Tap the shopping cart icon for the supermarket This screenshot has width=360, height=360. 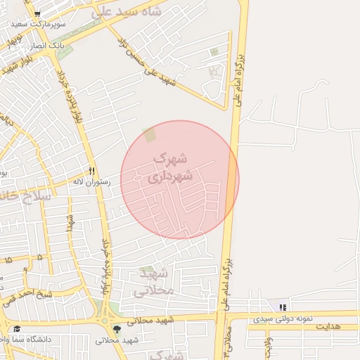click(x=37, y=13)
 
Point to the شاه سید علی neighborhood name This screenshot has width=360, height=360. click(x=127, y=12)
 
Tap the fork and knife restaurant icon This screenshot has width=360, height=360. click(x=91, y=172)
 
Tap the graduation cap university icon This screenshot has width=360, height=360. click(x=17, y=328)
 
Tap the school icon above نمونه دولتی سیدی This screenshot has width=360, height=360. click(x=283, y=307)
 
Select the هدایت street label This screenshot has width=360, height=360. click(x=327, y=327)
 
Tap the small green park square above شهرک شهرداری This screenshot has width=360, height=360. click(x=149, y=134)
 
